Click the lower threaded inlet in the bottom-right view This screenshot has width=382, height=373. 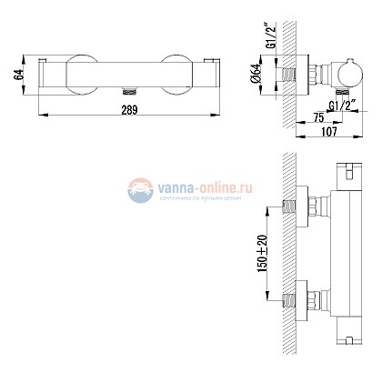(292, 299)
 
